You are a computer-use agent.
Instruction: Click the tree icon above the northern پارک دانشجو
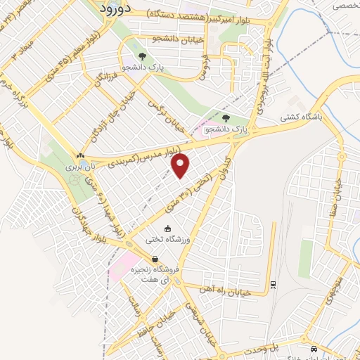pos(142,56)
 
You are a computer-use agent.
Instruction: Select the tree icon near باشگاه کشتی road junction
pos(226,119)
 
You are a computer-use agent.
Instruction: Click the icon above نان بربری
pos(80,157)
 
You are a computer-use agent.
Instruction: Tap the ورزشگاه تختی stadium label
pos(168,239)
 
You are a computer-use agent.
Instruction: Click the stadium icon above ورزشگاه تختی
pos(167,229)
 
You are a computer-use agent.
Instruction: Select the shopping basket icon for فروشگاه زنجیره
pos(155,259)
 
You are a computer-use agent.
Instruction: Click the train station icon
pos(273,284)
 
